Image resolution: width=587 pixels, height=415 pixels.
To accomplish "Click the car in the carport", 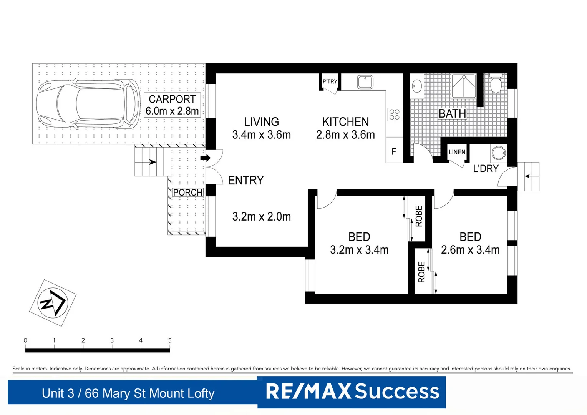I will (88, 104).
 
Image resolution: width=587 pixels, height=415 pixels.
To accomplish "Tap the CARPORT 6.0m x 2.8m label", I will (172, 105).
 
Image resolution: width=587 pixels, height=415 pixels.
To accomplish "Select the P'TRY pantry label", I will (330, 81).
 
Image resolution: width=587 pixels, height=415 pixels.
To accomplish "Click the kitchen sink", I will (365, 82).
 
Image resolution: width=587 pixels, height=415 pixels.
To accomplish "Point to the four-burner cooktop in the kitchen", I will (395, 114).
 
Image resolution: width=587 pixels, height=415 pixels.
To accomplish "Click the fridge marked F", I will (394, 152).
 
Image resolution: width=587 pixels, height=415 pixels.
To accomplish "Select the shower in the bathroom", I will (464, 86).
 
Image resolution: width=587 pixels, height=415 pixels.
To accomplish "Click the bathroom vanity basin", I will (417, 86).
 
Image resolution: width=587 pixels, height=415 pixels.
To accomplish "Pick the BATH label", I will (452, 114).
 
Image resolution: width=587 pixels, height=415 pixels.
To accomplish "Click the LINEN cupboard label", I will (457, 152).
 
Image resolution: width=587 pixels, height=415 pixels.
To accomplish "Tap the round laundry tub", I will (499, 153).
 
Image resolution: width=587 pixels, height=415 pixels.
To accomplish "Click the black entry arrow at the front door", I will (206, 158).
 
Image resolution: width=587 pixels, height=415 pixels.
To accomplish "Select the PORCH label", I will (187, 193).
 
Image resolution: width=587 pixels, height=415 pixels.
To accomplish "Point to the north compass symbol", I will (53, 303).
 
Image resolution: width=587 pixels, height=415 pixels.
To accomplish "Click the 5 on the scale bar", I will (169, 340).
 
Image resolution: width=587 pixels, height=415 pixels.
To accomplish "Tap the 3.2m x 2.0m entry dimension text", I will (261, 217).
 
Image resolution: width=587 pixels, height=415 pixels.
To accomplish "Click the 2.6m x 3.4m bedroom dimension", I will (470, 250).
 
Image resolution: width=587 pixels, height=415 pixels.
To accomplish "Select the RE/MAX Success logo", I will (352, 392).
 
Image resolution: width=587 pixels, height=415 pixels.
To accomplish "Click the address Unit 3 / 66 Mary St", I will (128, 393).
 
